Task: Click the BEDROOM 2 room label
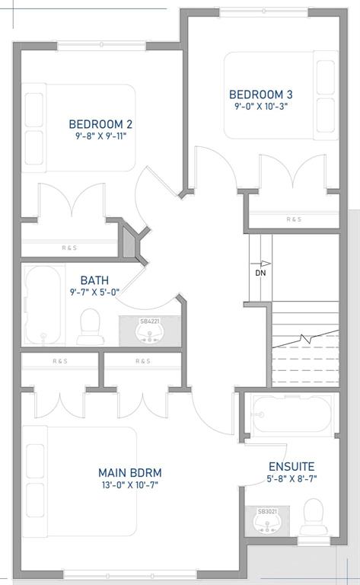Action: (100, 124)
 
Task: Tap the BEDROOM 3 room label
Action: (261, 94)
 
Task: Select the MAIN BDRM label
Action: (129, 473)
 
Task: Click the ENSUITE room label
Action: (292, 466)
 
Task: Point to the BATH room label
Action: (94, 280)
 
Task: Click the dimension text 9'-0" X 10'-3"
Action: (261, 107)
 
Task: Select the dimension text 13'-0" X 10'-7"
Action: (129, 485)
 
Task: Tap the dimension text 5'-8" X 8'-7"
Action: (292, 478)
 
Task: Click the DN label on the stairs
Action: (260, 273)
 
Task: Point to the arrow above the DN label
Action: (260, 264)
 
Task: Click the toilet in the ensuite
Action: (314, 517)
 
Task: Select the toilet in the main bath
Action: (90, 327)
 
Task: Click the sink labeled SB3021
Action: (266, 520)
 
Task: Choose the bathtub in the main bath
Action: (43, 305)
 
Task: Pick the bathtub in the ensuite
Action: (292, 414)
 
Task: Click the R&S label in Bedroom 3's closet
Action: (294, 219)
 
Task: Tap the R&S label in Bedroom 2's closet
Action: (69, 248)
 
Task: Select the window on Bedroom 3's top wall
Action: (263, 13)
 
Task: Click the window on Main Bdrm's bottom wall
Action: (129, 575)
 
